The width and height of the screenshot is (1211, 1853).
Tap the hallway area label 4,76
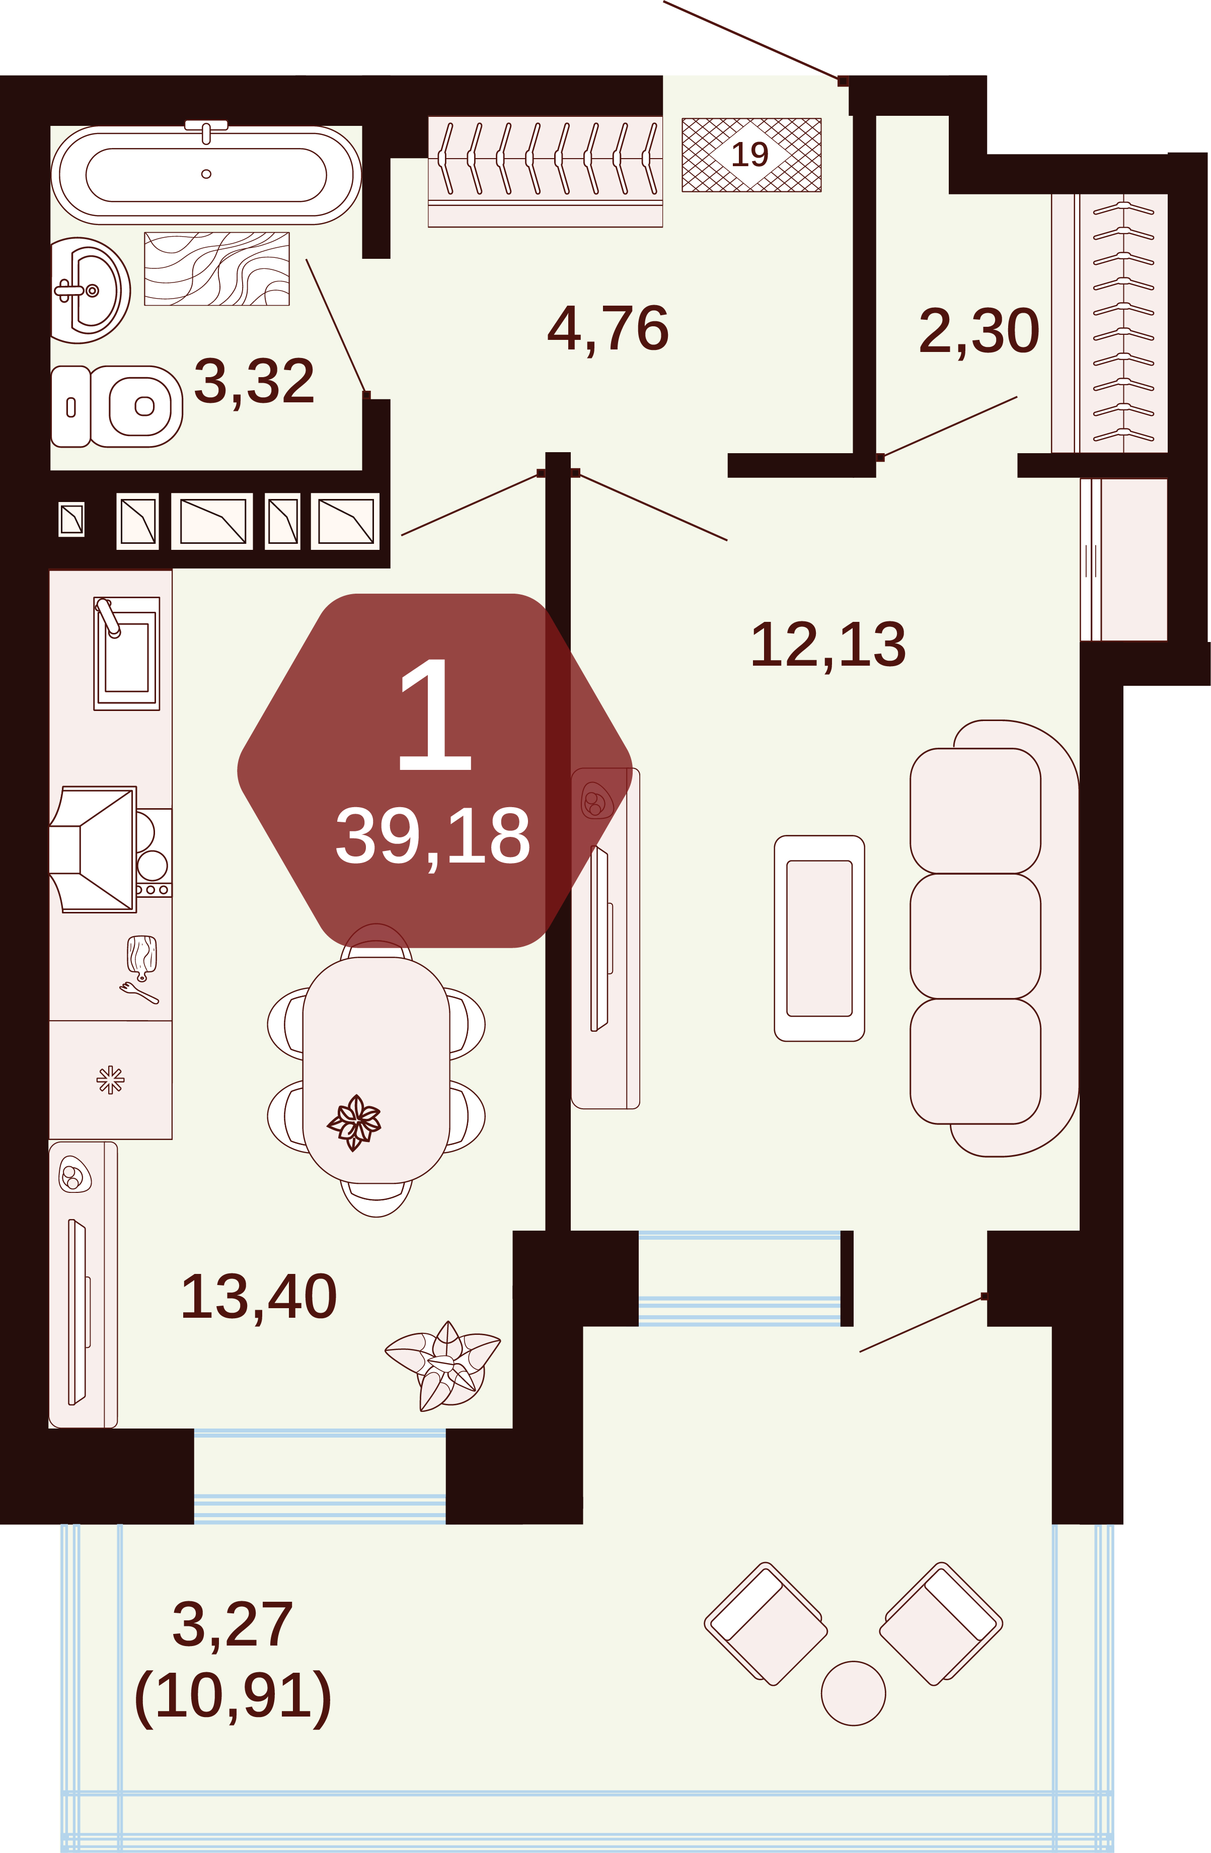pyautogui.click(x=608, y=329)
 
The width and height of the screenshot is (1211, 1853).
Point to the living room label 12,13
pyautogui.click(x=828, y=645)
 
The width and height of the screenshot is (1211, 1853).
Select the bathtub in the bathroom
pyautogui.click(x=206, y=174)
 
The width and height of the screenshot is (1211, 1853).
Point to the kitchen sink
pyautogui.click(x=127, y=653)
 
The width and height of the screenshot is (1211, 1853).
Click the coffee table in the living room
pyautogui.click(x=819, y=938)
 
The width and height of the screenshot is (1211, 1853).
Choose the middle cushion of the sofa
pyautogui.click(x=975, y=936)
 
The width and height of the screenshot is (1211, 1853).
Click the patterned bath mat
pyautogui.click(x=217, y=268)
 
